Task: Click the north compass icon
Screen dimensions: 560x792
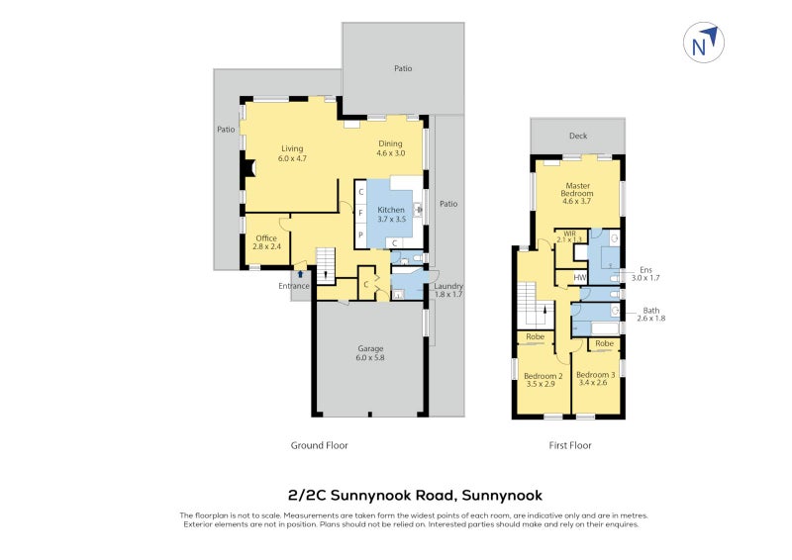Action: pos(704,43)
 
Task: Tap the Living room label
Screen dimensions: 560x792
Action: pos(291,153)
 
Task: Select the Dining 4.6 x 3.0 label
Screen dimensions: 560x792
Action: pos(389,148)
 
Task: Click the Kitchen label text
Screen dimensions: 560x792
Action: pos(390,215)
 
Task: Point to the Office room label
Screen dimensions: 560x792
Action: pos(266,242)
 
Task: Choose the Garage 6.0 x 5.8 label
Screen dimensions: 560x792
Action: pos(371,353)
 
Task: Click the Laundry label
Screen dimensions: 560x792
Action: pos(448,290)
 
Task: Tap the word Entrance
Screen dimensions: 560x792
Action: pos(294,286)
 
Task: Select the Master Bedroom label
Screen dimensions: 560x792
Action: pos(577,191)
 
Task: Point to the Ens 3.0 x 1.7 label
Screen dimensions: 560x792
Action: pos(644,274)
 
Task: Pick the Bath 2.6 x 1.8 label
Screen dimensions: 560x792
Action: pos(650,314)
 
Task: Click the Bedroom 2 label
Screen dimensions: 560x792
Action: pos(543,380)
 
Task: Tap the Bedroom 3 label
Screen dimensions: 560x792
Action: pos(596,379)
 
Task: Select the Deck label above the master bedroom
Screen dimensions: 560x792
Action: pos(577,137)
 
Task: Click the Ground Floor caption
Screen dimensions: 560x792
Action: pos(319,445)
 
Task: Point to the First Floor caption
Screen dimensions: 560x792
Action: pos(569,445)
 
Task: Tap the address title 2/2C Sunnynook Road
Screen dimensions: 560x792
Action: pos(415,494)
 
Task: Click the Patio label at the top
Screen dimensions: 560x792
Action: pos(402,68)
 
